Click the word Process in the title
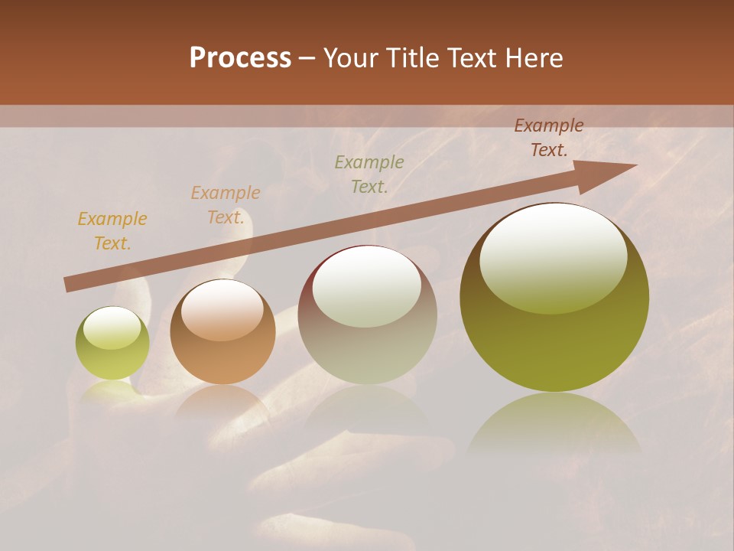click(240, 58)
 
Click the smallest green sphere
click(112, 344)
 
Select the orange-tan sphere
click(222, 332)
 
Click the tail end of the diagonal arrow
click(69, 285)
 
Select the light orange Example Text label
click(226, 205)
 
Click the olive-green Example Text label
click(369, 174)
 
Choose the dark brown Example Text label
click(548, 138)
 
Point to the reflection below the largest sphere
click(554, 425)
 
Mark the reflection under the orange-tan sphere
click(222, 402)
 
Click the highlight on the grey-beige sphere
click(366, 287)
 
